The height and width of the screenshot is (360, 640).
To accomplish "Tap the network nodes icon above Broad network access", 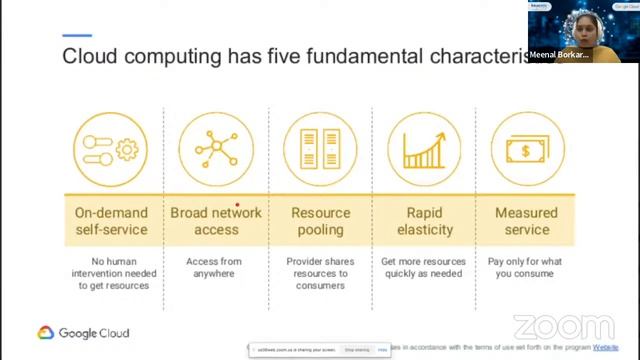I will click(216, 149).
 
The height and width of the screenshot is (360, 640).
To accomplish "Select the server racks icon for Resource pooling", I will click(320, 149).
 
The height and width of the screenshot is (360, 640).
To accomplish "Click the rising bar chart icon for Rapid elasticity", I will click(424, 149).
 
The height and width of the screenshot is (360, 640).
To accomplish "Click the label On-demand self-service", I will click(111, 221).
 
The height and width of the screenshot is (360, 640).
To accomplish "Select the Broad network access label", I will click(216, 221).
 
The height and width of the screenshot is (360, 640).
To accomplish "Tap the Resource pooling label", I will click(320, 221).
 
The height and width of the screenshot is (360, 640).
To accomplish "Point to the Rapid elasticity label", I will click(424, 221).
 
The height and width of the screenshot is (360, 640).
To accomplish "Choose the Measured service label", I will click(527, 221).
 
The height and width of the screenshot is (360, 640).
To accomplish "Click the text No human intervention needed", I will click(111, 271).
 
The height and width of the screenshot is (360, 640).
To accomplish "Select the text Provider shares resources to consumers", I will click(320, 271).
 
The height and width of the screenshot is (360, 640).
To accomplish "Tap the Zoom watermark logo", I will click(563, 327).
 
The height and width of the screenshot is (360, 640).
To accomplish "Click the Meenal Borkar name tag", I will click(560, 55).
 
